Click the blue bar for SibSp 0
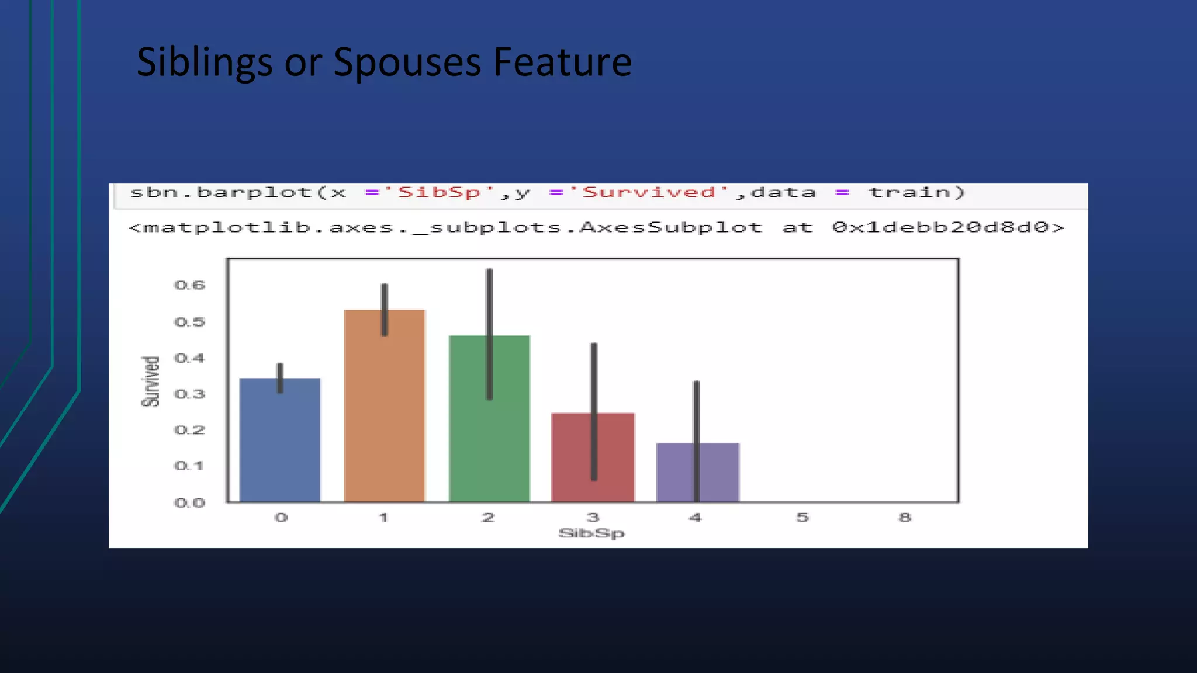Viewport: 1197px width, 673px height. coord(280,444)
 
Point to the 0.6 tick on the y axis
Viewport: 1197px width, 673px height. coord(190,286)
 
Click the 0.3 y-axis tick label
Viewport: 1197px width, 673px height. coord(190,394)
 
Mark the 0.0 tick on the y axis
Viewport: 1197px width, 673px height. coord(190,503)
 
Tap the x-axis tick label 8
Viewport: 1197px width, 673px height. coord(905,518)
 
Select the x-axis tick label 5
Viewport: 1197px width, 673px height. coord(802,518)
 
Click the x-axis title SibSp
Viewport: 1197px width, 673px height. coord(591,533)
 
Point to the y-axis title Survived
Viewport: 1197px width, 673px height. coord(150,381)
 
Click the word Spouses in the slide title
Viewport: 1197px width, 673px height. coord(407,63)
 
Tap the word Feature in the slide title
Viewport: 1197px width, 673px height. coord(562,63)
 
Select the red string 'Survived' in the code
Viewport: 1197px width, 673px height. coord(649,192)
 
